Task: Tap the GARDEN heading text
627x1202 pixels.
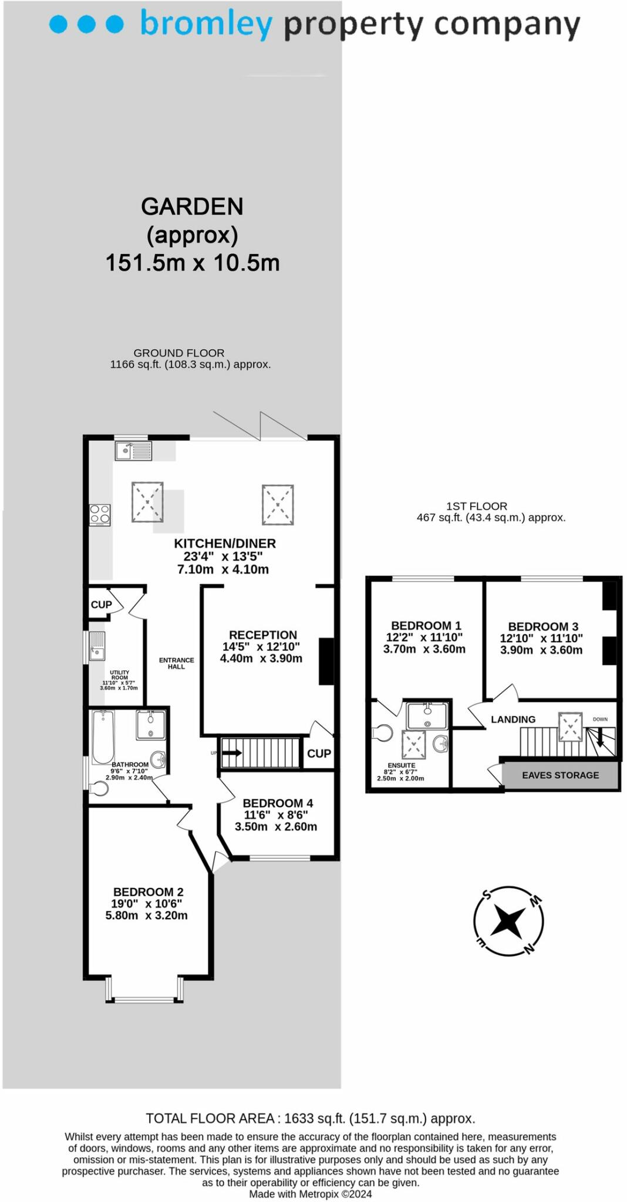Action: [192, 207]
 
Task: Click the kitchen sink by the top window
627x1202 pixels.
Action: [134, 451]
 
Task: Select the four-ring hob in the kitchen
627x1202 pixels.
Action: [100, 515]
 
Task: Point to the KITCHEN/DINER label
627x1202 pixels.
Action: [225, 543]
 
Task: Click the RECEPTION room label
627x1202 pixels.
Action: [263, 635]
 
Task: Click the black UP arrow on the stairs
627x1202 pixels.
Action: [231, 753]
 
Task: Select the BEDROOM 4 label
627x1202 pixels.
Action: [278, 803]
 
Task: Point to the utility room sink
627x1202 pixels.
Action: [97, 646]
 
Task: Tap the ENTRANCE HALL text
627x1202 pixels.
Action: [176, 663]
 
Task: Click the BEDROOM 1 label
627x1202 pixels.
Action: [426, 626]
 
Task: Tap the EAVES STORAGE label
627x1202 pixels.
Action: [561, 775]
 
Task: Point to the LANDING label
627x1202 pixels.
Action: [513, 720]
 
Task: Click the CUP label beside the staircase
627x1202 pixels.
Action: [319, 753]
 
